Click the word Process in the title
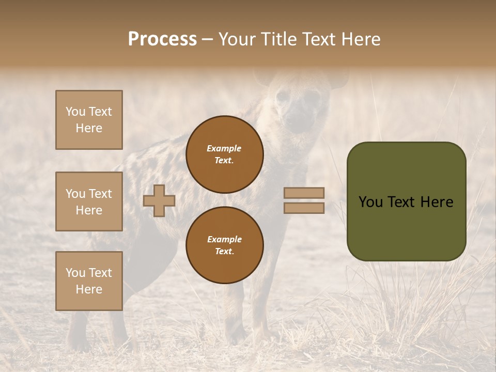(x=162, y=39)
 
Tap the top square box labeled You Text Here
(x=89, y=120)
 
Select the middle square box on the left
(x=89, y=202)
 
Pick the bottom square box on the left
(x=89, y=281)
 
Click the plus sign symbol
(x=159, y=200)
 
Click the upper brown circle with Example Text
(x=224, y=154)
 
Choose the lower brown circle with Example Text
(x=224, y=245)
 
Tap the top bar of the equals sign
(x=304, y=193)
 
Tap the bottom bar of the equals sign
(x=304, y=208)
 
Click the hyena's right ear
(x=338, y=80)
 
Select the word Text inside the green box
(x=405, y=202)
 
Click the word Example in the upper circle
(x=224, y=148)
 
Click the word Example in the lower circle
(x=224, y=239)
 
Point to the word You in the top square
(x=75, y=112)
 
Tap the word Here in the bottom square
(x=89, y=289)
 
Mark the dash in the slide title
(x=207, y=39)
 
